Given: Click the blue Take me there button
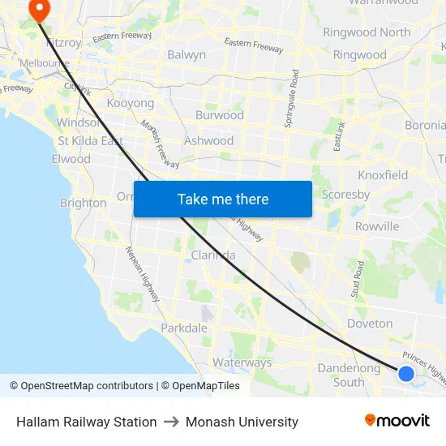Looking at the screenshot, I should click(x=222, y=199).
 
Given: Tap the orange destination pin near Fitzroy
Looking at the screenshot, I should click(x=38, y=8).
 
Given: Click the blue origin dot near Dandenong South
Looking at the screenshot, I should click(x=406, y=373).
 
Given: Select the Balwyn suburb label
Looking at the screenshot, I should click(x=186, y=55).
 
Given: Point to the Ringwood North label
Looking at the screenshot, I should click(x=367, y=32).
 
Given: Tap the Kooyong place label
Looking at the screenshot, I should click(x=130, y=104).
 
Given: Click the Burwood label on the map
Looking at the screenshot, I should click(x=219, y=115).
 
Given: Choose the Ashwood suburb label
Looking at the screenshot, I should click(x=208, y=140).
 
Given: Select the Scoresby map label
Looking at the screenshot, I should click(x=345, y=195).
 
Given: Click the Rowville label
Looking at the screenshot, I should click(x=377, y=226).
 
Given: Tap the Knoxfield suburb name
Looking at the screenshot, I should click(x=383, y=175).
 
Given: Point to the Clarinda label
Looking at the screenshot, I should click(x=213, y=255).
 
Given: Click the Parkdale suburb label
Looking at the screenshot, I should click(x=183, y=328).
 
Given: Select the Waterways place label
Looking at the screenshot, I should click(x=242, y=362).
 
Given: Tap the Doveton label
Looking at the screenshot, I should click(x=370, y=324).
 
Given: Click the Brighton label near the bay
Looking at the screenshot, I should click(x=83, y=203).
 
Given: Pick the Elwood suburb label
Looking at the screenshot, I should click(x=71, y=159).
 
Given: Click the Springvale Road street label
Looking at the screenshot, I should click(x=292, y=96).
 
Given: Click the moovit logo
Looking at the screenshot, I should click(x=397, y=421).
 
